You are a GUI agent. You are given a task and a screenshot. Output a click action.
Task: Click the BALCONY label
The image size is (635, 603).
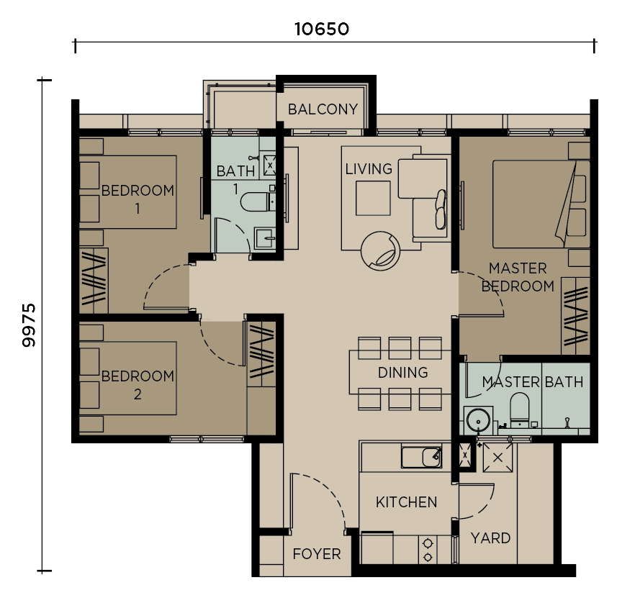tap(323, 109)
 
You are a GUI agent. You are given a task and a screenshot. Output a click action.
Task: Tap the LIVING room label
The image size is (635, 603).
tap(369, 169)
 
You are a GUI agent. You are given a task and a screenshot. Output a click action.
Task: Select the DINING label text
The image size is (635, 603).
tap(402, 373)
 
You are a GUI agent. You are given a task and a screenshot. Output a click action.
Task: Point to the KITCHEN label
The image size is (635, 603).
tap(406, 502)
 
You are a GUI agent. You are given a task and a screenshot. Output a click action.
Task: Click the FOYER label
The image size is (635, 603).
tap(317, 554)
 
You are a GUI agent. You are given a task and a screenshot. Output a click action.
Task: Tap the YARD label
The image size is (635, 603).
tap(490, 538)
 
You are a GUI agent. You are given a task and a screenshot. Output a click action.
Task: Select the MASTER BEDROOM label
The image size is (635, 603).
tap(518, 277)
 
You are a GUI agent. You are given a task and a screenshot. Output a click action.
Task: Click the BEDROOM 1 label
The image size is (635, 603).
tap(138, 199)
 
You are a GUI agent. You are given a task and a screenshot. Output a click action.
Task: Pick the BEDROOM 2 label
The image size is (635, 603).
tap(138, 385)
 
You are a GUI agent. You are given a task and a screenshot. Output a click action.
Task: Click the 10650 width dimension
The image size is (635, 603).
tap(322, 30)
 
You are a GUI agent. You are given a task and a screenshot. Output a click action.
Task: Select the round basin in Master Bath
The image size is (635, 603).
tap(477, 419)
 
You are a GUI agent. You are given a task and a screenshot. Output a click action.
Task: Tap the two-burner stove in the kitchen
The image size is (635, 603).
tap(428, 550)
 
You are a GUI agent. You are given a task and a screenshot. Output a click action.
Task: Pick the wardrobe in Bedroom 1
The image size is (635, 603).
tap(94, 281)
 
